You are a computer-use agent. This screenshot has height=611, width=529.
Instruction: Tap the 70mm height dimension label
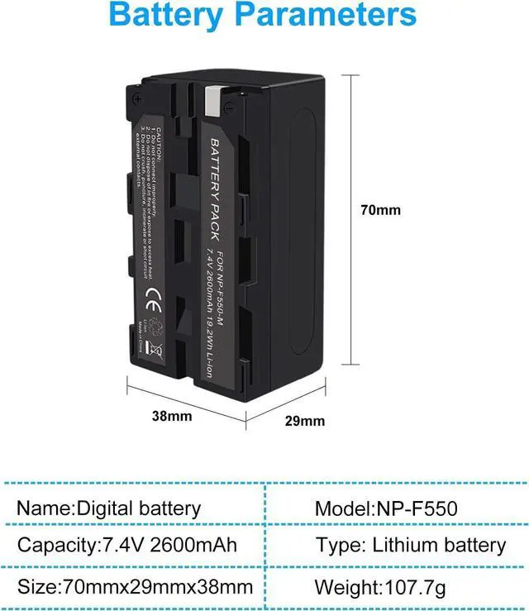coord(380,210)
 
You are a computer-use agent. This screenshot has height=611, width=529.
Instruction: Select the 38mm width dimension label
coord(172,416)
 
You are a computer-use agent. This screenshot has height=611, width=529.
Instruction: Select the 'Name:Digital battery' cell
coord(108,508)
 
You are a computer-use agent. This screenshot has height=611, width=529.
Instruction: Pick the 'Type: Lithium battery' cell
coord(410,545)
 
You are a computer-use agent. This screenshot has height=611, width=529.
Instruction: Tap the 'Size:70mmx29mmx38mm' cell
coord(134,588)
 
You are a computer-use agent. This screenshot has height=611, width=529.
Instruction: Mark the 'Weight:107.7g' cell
coord(379,588)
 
